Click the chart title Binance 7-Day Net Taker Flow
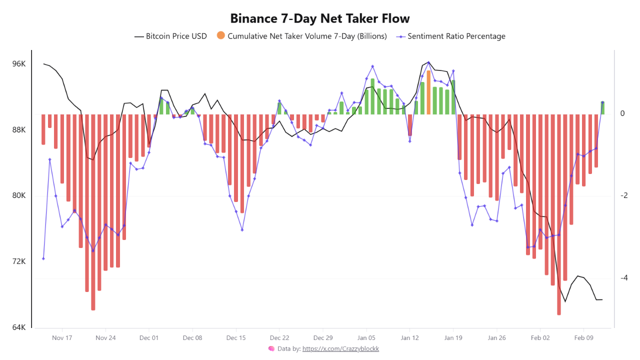tap(320, 18)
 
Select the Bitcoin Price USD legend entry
tap(170, 36)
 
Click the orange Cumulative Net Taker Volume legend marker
tap(220, 35)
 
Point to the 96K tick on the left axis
tap(18, 64)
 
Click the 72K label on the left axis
tap(18, 261)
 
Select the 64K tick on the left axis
tap(18, 327)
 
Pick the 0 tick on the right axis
tap(622, 113)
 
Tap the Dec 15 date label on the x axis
tap(235, 338)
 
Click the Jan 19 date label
tap(453, 338)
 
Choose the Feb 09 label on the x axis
tap(583, 338)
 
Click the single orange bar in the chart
tap(428, 92)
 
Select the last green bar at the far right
tap(602, 107)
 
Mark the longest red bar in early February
tap(559, 215)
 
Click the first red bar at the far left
tap(43, 129)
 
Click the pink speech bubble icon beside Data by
tap(271, 348)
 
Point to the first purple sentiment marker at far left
tap(43, 258)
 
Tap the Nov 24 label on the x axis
tap(105, 338)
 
